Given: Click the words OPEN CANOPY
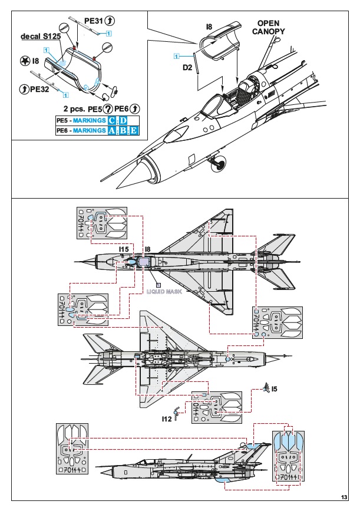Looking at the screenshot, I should (x=271, y=27).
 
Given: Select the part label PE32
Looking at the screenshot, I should (x=39, y=88).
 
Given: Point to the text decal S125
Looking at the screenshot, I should (x=39, y=37).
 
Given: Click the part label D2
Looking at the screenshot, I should (x=187, y=68).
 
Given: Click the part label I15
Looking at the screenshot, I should (x=124, y=249).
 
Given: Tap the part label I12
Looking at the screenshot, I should (x=167, y=418).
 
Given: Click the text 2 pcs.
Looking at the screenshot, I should (x=74, y=109).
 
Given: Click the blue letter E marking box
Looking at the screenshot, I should (x=134, y=130).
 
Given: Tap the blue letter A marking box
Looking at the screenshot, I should (x=113, y=130).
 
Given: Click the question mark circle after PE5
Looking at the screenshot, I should (x=108, y=109).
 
